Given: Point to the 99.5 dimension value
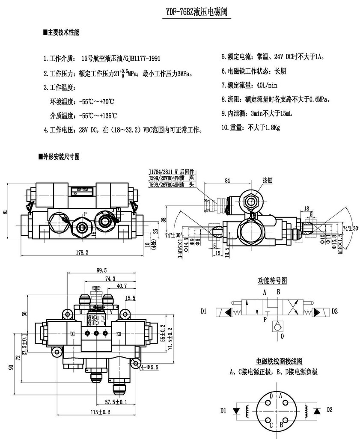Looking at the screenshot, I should (x=101, y=270).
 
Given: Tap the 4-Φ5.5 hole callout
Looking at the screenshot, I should (x=149, y=366).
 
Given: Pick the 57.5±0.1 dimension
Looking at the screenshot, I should (x=115, y=402).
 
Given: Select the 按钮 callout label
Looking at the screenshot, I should (x=268, y=180).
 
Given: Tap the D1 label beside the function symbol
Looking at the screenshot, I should (x=203, y=311).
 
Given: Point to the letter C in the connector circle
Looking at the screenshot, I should (x=271, y=424).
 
